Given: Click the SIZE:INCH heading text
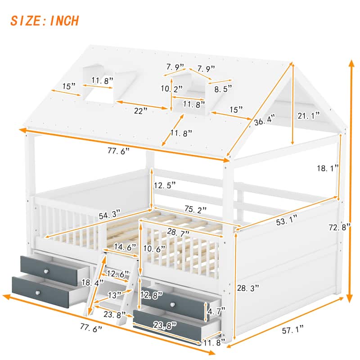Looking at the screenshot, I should [x=45, y=21].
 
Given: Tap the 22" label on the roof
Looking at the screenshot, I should [x=143, y=111].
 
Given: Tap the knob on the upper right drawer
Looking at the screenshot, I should [x=173, y=305].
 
